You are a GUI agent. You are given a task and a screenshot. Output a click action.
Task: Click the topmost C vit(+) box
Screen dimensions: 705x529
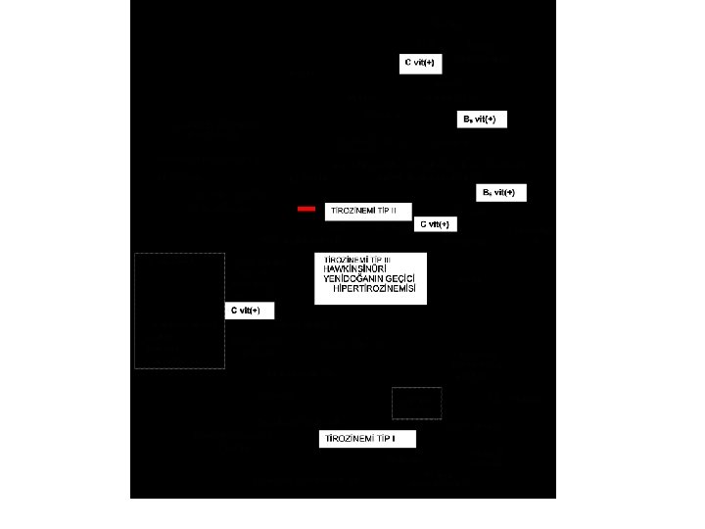420,63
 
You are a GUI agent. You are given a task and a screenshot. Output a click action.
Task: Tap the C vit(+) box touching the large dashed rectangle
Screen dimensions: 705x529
249,311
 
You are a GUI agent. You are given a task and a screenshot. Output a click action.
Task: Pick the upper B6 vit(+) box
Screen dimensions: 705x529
482,120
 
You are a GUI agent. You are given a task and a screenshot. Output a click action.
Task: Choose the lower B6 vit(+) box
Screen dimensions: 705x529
501,193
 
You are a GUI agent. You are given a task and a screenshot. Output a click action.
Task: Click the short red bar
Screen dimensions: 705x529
306,209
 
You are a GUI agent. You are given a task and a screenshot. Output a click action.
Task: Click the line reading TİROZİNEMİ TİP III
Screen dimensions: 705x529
356,259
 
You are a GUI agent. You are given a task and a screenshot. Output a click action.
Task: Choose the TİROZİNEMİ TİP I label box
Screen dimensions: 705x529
361,439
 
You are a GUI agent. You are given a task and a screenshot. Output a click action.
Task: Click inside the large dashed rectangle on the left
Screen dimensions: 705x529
179,311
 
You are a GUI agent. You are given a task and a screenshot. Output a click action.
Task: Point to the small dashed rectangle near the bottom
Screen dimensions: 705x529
416,403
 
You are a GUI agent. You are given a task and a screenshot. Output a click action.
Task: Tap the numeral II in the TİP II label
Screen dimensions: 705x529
394,211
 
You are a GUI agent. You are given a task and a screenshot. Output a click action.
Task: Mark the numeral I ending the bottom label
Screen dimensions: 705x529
394,439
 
